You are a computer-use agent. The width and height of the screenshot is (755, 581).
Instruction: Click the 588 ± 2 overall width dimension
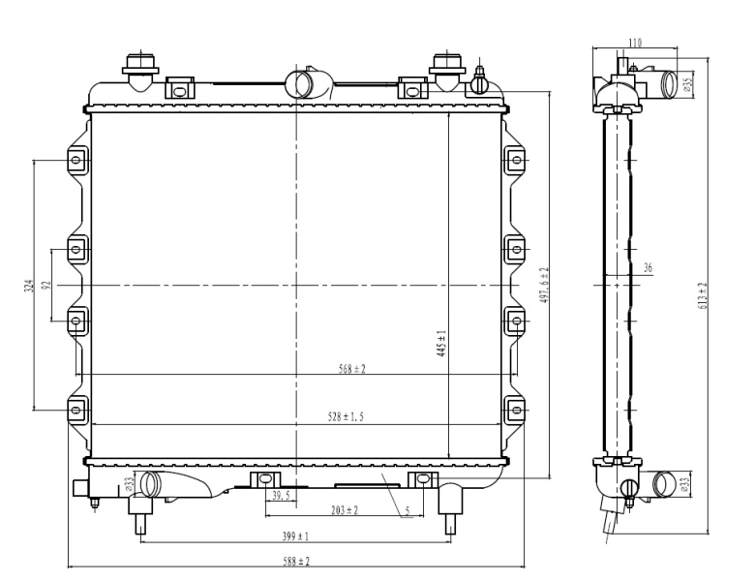[296, 562]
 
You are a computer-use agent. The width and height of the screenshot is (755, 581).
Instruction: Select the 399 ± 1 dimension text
[295, 536]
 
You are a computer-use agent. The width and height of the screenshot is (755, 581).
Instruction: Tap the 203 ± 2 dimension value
[345, 509]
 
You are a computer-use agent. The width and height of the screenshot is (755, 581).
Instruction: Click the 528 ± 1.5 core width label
[346, 416]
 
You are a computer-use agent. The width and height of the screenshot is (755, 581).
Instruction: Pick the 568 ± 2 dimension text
[352, 369]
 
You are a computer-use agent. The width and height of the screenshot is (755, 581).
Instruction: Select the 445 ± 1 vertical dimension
[441, 344]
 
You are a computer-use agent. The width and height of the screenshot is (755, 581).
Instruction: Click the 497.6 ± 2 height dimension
[544, 286]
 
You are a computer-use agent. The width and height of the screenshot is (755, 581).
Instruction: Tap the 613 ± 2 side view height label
[703, 295]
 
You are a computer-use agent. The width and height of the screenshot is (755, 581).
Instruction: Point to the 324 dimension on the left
[28, 287]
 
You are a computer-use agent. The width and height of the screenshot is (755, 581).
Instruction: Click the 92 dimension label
[46, 286]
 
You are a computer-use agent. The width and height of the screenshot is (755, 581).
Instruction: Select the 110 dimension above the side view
[635, 43]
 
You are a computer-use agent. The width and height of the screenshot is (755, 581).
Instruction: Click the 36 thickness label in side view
[648, 268]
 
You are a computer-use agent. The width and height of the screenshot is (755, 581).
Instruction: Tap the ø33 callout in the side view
[685, 484]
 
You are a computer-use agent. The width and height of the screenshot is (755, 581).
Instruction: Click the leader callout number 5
[408, 511]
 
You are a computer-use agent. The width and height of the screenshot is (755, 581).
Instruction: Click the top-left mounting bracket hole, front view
[76, 160]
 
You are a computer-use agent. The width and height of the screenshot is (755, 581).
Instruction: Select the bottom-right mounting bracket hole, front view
[517, 410]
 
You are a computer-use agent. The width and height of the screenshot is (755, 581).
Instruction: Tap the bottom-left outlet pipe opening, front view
[149, 484]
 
